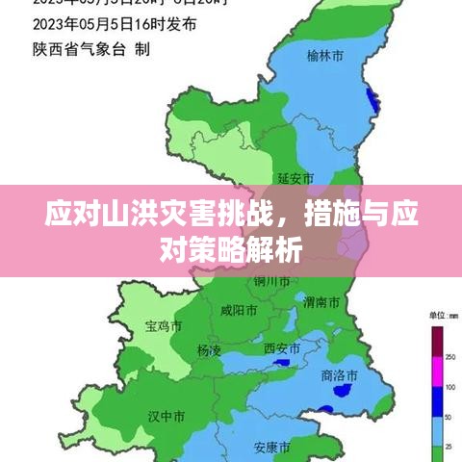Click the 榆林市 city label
[324, 57]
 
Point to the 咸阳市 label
[239, 311]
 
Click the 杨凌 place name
[209, 350]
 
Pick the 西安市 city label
[282, 348]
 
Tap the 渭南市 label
[321, 302]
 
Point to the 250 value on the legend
[450, 356]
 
